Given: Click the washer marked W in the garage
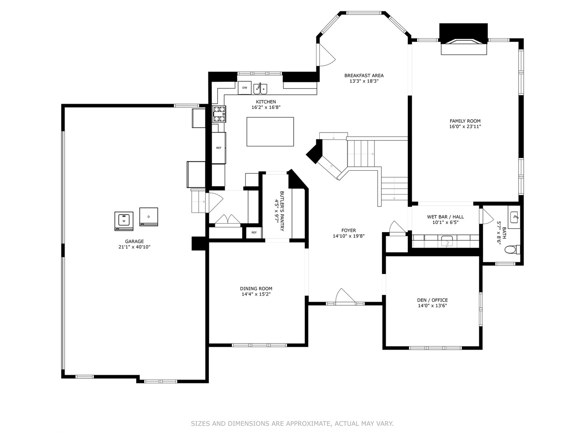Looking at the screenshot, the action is point(123,221).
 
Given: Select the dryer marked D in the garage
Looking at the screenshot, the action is point(148,217).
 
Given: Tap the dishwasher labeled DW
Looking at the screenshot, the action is point(245,88).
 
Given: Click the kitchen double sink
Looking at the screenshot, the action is point(260,89).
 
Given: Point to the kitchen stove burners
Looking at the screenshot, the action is point(219,114).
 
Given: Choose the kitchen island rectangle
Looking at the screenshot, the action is point(270,132).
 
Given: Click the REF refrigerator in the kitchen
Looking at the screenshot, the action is point(219,148).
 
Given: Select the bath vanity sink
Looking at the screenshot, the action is point(514,217).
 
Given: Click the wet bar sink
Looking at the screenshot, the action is point(447,241).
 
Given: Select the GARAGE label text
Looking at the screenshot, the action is point(134,241).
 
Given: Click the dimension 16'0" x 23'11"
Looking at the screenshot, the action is point(465,126).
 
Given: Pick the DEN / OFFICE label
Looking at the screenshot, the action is point(432,300).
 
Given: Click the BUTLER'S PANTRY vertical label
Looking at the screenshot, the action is point(282,211).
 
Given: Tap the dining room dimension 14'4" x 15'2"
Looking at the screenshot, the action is point(256,294).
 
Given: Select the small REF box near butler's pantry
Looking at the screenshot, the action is point(254,233).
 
